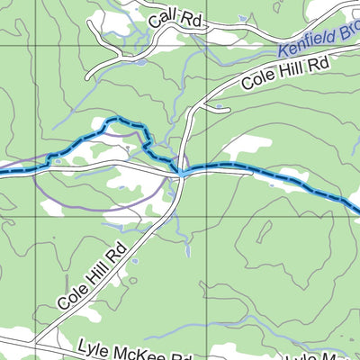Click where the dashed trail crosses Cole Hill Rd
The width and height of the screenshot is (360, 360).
click(181, 170)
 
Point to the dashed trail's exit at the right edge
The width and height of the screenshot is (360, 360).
click(357, 211)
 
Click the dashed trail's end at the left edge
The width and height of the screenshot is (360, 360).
click(3, 167)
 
